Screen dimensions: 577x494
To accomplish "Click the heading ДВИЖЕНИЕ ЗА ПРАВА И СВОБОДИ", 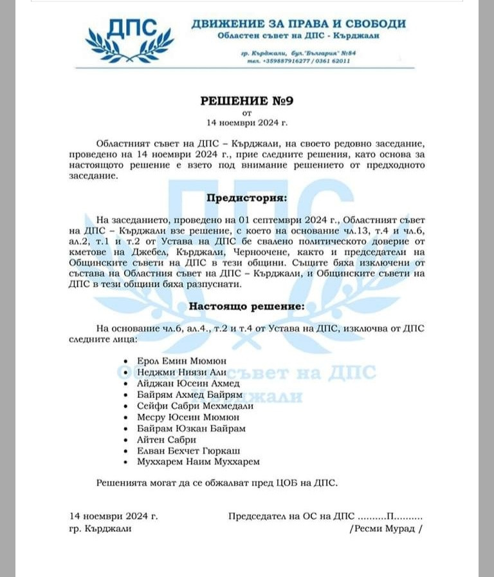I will pos(298,24).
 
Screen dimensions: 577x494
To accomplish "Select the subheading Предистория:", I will pos(246,198).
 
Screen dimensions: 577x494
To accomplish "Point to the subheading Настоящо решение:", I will pos(246,307).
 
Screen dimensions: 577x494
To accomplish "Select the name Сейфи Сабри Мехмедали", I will pos(195,406).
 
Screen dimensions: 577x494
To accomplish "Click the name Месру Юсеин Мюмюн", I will pos(188,417).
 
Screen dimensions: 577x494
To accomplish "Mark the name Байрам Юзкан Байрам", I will pos(191,428).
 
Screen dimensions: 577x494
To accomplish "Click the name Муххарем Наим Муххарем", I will pos(199,461).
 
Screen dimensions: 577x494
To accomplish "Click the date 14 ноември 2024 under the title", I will pos(246,121).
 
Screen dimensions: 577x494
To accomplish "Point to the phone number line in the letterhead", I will pos(300,61).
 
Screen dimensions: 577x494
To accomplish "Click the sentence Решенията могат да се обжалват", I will pos(216,482).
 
